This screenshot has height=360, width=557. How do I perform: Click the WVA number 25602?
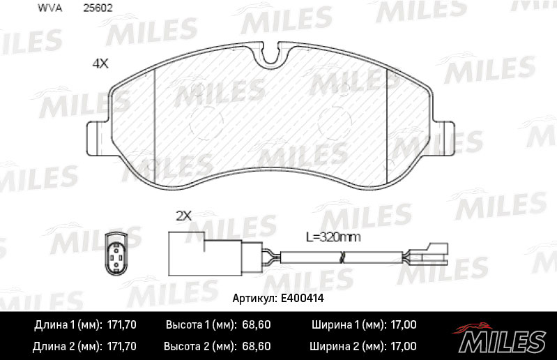click(x=98, y=8)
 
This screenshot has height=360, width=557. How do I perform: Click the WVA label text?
click(x=49, y=8)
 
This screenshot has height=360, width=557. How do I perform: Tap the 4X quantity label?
click(x=100, y=63)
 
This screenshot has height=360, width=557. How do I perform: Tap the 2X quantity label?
click(x=184, y=216)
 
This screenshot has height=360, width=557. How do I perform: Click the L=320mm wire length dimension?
click(x=333, y=237)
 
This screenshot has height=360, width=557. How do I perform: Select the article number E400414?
click(x=303, y=298)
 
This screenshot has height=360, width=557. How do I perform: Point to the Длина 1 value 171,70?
click(x=121, y=325)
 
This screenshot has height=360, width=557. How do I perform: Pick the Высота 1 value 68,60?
click(x=256, y=325)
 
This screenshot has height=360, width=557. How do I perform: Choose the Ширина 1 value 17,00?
click(x=404, y=325)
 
